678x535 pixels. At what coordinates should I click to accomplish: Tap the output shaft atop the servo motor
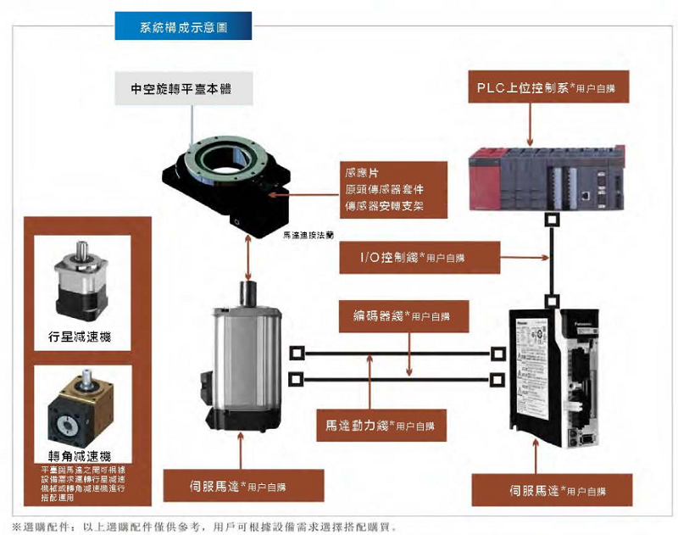pos(248,293)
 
